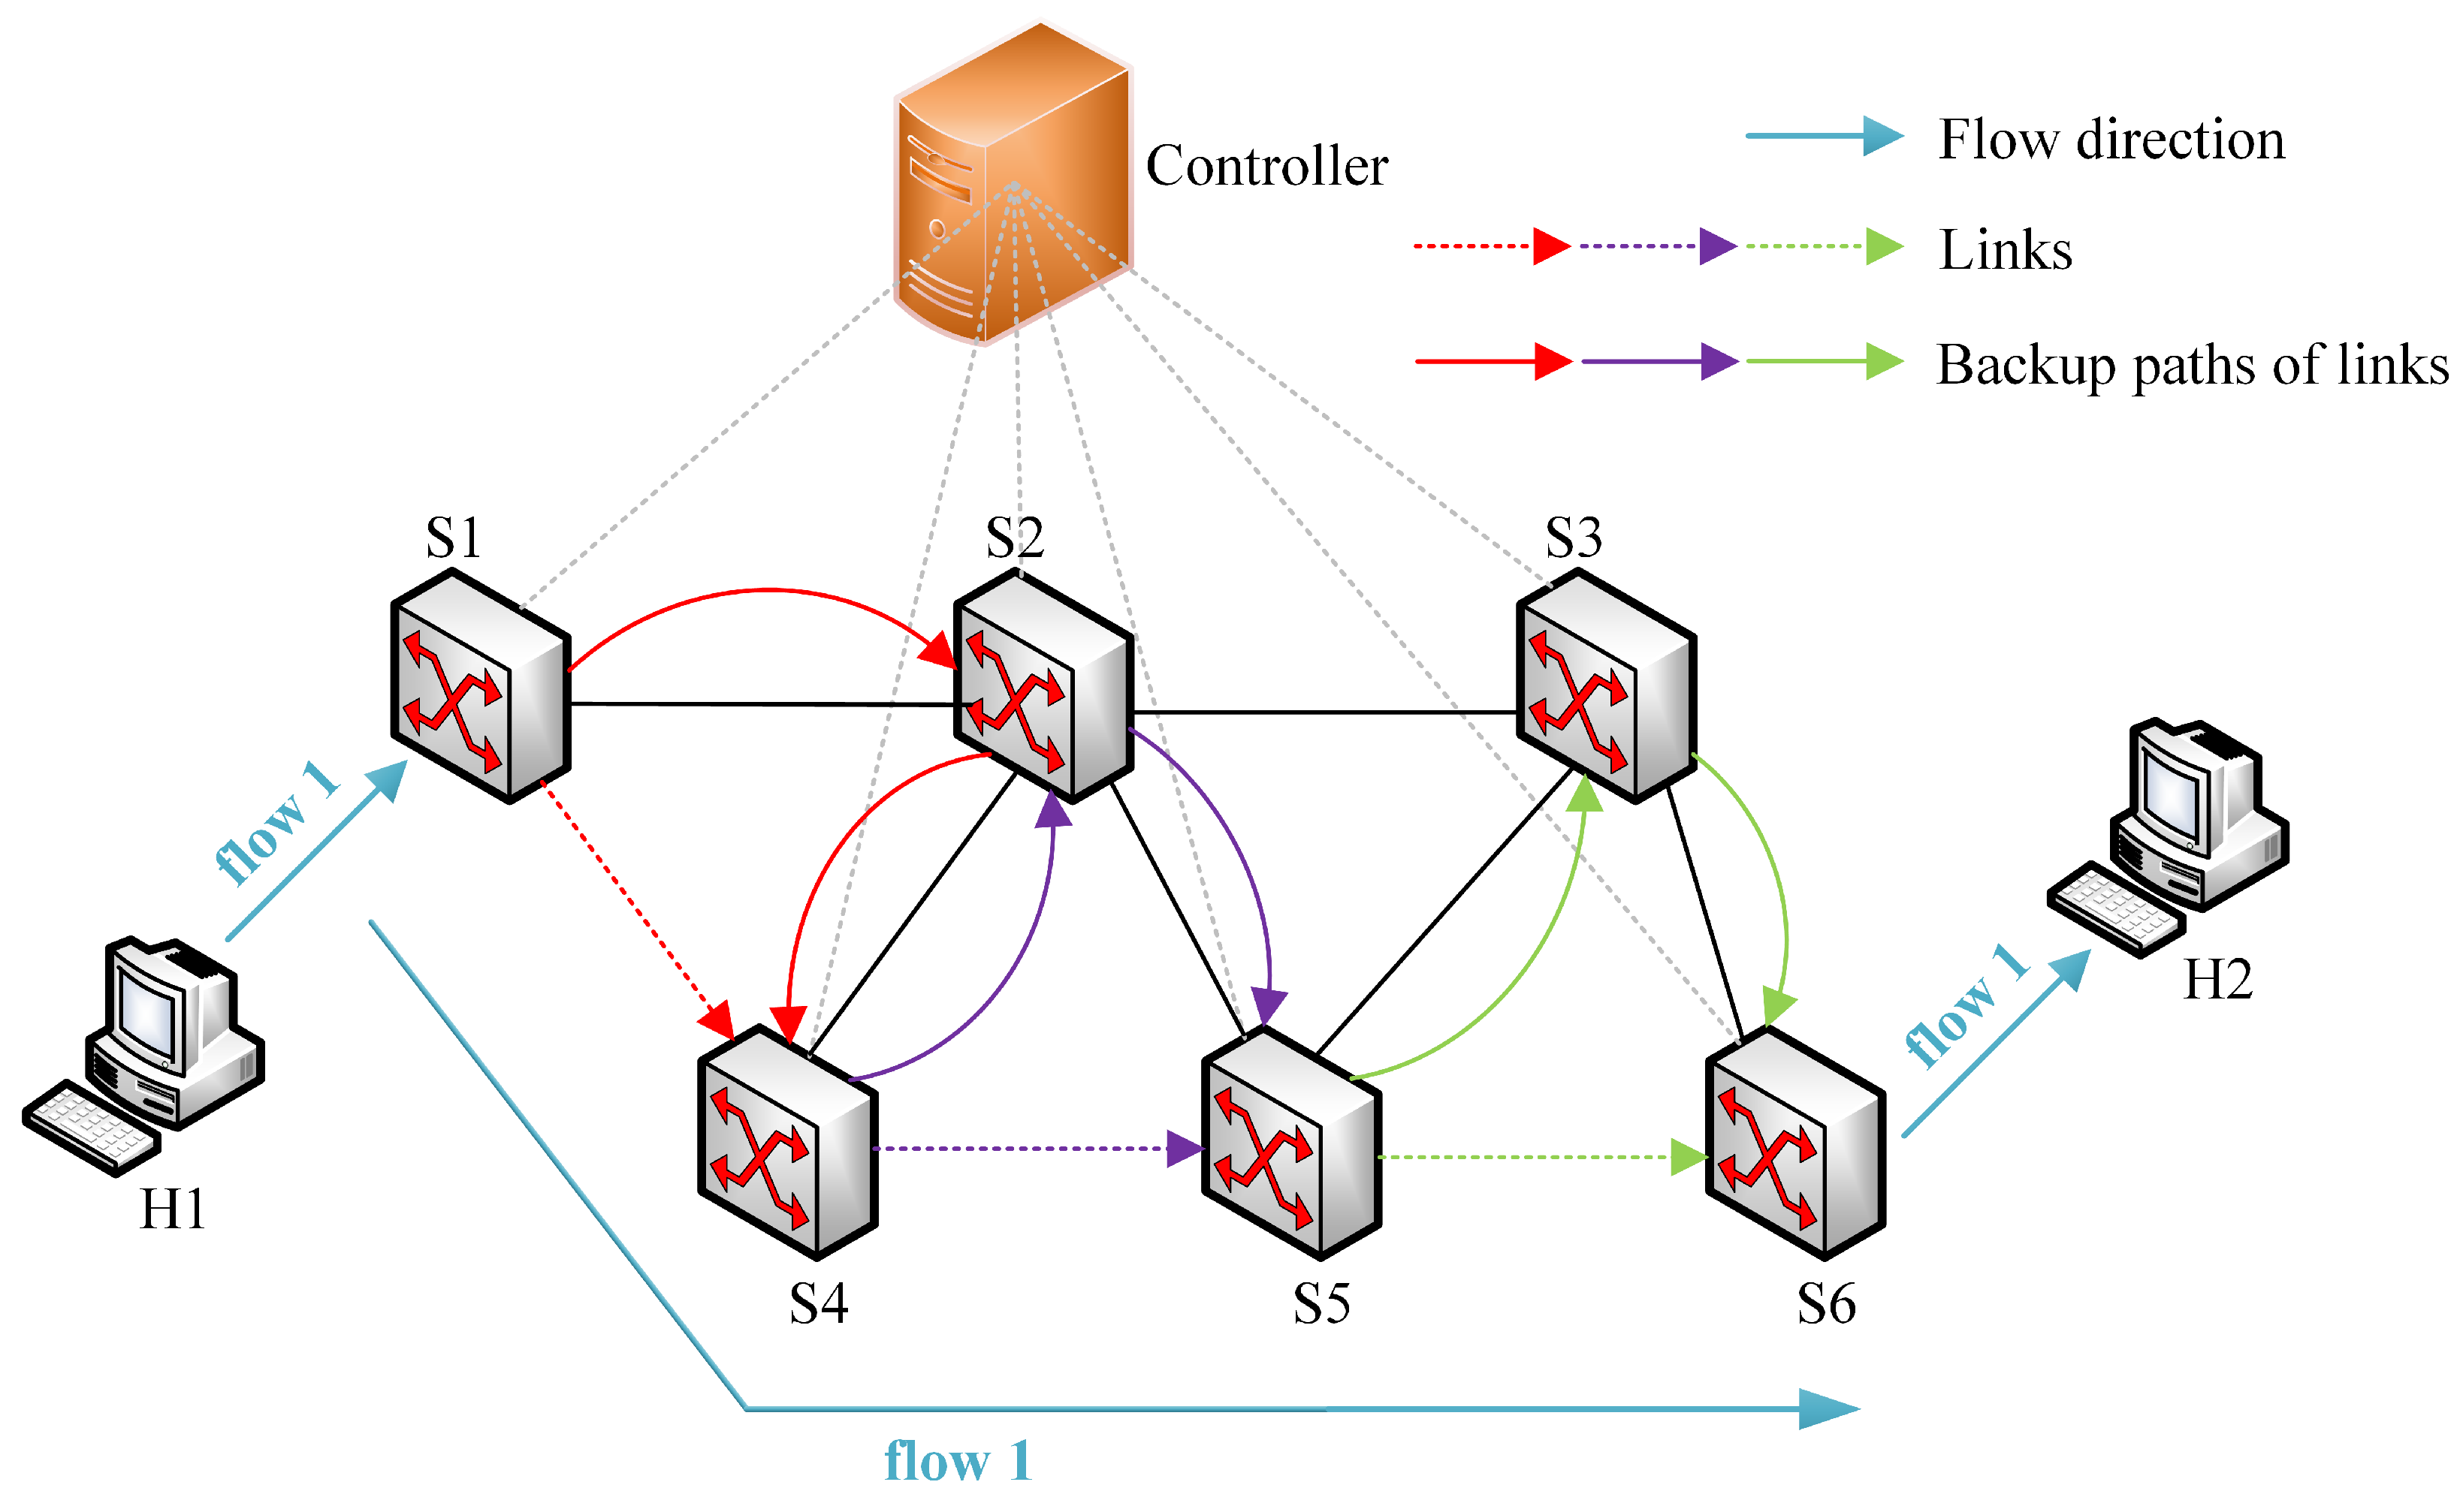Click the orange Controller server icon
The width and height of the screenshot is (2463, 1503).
tap(1013, 184)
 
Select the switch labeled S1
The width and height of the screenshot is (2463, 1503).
tap(481, 685)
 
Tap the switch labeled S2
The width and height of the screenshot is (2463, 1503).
tap(1043, 685)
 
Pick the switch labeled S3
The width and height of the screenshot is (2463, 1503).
tap(1607, 685)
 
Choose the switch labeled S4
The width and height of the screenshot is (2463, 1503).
tap(789, 1142)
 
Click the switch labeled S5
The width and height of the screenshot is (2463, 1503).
tap(1291, 1142)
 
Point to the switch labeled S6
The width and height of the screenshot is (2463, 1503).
tap(1795, 1142)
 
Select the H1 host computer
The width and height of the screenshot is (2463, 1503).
tap(144, 1056)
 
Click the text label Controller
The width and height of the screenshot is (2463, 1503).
tap(1266, 166)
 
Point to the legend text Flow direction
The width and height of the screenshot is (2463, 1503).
tap(2111, 139)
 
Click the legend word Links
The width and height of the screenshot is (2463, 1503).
tap(2006, 250)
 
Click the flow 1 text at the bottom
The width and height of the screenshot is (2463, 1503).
tap(958, 1461)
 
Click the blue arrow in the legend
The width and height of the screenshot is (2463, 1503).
tap(1825, 136)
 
